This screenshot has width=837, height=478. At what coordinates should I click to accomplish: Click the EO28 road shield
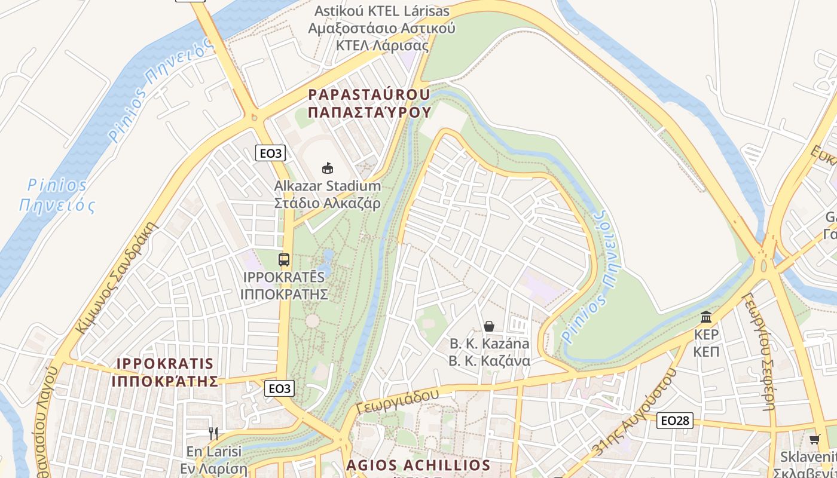676,421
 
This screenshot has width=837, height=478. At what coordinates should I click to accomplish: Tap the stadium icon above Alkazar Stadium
327,168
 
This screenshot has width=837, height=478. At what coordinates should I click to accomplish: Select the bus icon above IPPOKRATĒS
284,260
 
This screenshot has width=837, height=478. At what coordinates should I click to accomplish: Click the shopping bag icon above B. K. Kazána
489,326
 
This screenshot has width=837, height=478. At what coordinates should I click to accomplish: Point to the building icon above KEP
706,316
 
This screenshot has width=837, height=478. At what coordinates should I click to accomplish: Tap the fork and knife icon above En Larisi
213,433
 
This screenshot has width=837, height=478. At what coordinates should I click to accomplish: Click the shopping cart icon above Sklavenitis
814,440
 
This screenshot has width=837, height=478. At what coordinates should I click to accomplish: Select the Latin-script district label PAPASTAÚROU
369,94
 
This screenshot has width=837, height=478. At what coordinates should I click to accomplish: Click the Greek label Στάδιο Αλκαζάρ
327,203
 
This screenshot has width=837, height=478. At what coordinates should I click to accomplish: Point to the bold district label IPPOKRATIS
165,363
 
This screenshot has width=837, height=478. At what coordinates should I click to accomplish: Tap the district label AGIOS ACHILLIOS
418,465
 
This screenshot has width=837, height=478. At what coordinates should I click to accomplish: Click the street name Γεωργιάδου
398,399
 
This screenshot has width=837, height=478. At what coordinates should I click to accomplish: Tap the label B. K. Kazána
489,344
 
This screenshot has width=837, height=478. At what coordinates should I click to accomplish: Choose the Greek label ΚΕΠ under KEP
706,351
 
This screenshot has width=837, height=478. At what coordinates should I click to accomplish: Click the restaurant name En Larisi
213,451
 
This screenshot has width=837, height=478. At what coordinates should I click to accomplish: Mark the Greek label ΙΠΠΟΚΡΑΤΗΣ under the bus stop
284,294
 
